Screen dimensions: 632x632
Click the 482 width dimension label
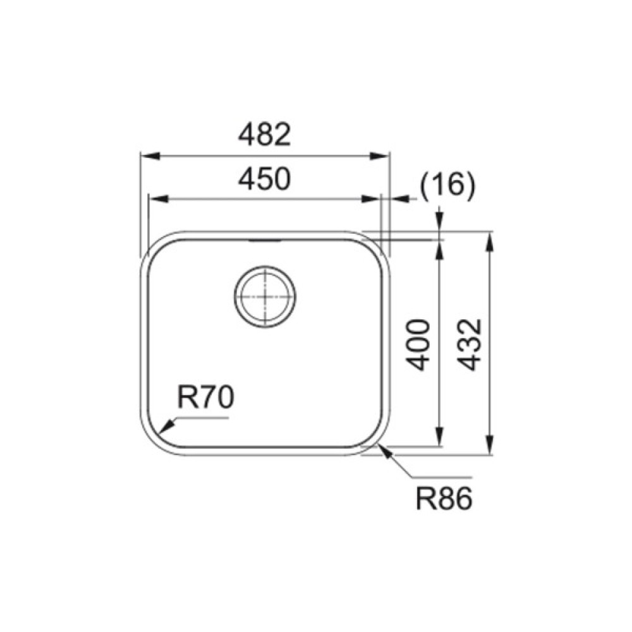point(264,135)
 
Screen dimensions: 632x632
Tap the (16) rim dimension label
point(448,185)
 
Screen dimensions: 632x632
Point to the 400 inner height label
point(416,344)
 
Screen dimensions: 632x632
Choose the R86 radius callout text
point(444,499)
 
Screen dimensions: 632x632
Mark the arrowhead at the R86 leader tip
point(384,452)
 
